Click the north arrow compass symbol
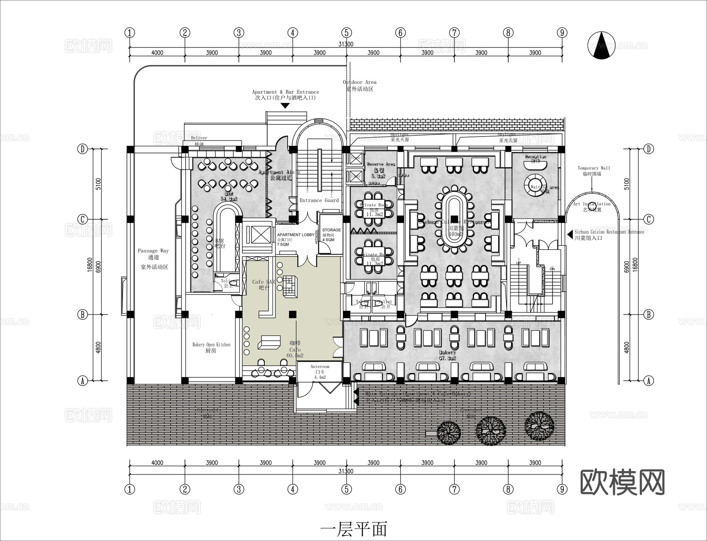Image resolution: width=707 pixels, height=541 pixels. click(x=601, y=46)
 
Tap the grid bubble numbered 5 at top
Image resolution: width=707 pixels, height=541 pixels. click(x=346, y=33)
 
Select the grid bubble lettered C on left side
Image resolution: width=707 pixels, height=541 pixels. click(x=82, y=219)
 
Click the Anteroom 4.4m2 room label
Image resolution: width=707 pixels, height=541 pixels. click(x=320, y=372)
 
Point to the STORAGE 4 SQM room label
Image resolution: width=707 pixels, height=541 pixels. click(x=331, y=235)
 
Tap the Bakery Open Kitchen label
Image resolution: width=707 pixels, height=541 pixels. click(x=211, y=347)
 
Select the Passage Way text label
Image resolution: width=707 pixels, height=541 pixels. click(x=153, y=251)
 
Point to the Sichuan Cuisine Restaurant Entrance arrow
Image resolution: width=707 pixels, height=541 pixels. click(x=569, y=234)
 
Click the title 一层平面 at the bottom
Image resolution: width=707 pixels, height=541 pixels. click(x=353, y=529)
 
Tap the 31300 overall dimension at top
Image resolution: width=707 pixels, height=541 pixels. click(x=346, y=44)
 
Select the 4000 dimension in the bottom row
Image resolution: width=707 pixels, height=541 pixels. click(x=157, y=463)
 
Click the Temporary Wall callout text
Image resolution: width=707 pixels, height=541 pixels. click(x=593, y=171)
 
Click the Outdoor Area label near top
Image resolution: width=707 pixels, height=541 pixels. click(x=359, y=85)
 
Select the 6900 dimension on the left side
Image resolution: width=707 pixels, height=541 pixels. click(x=99, y=267)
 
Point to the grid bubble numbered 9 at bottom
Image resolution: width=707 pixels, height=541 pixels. click(x=562, y=489)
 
